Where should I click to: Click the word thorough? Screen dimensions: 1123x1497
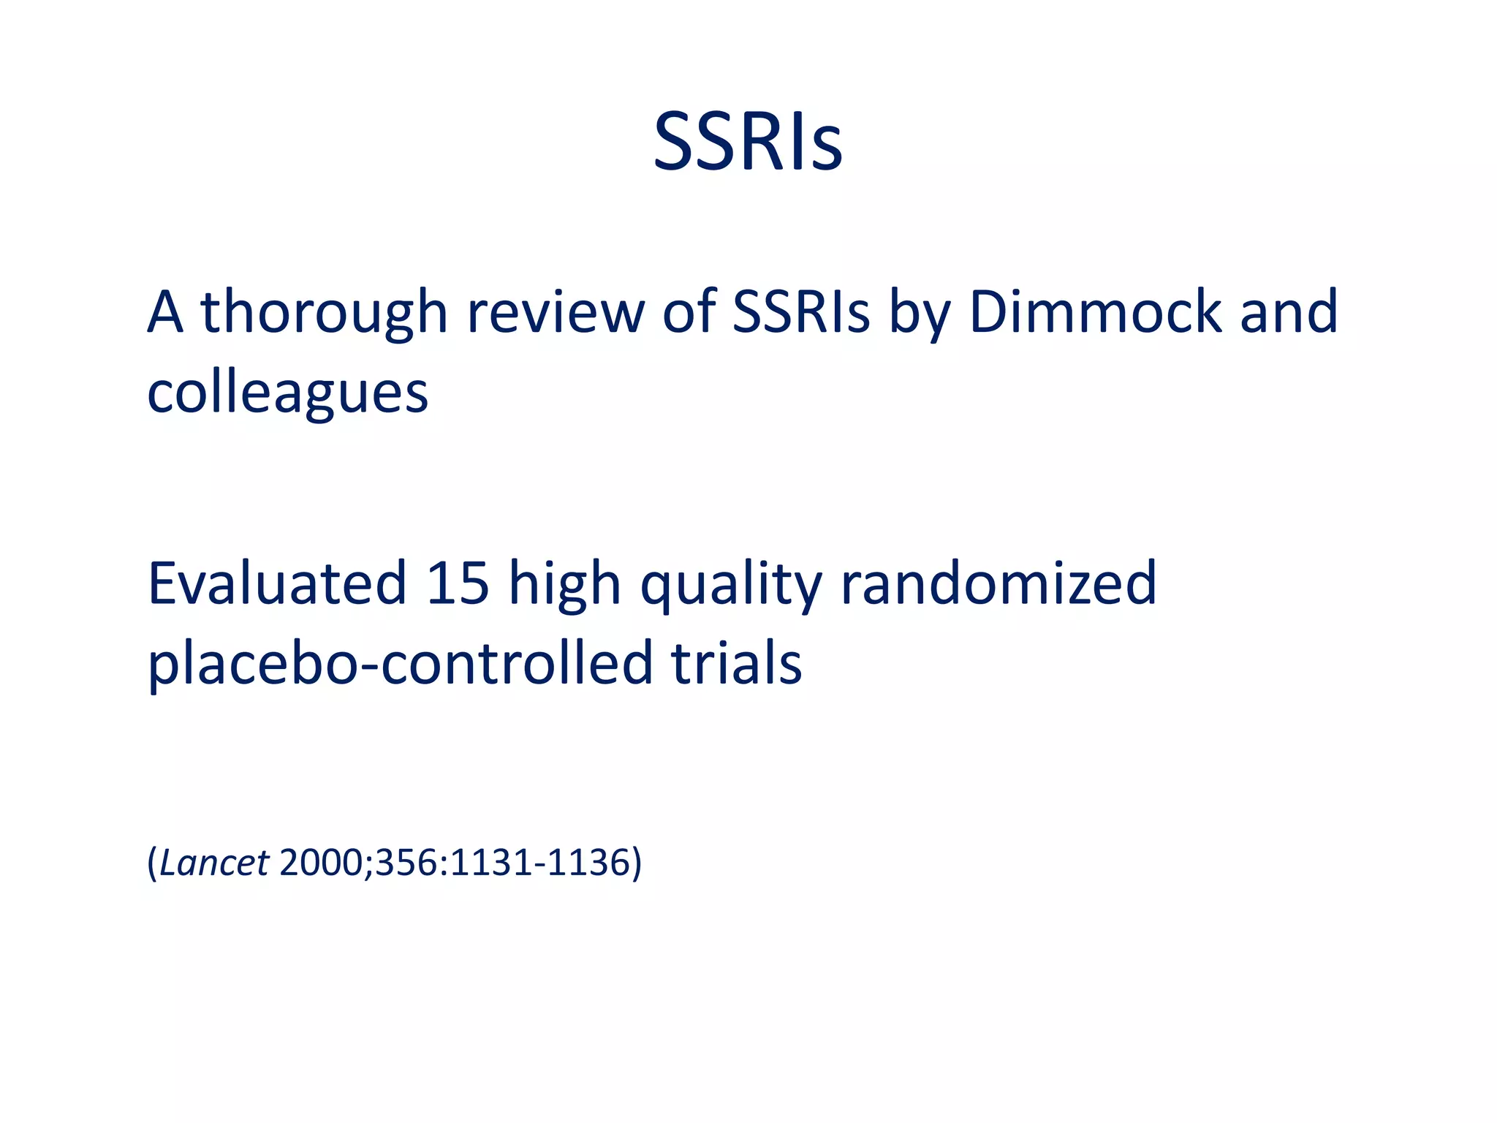point(324,312)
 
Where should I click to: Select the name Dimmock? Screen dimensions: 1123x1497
point(1095,312)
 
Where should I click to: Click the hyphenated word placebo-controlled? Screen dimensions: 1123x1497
point(400,664)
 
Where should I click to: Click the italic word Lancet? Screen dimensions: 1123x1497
point(214,863)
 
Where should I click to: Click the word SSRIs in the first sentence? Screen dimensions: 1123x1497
point(801,312)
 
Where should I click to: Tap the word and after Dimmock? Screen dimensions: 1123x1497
point(1289,312)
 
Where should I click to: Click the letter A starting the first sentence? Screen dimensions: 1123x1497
point(164,312)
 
